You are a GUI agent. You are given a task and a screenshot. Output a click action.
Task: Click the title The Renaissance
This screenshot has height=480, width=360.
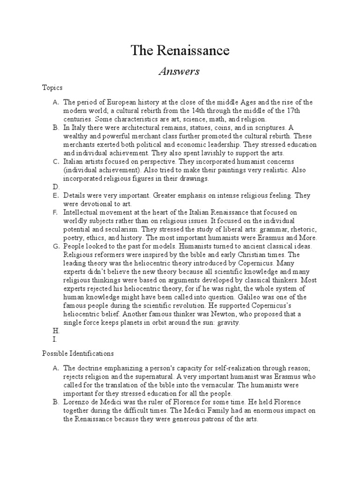click(180, 50)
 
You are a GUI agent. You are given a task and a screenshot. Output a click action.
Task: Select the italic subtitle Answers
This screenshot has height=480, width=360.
click(180, 71)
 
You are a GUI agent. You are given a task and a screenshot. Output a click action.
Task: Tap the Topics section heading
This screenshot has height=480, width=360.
click(52, 88)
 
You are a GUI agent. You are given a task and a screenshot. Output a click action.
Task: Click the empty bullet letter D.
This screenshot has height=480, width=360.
click(56, 187)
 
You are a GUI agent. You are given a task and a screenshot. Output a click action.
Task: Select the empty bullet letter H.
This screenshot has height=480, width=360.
click(56, 331)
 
